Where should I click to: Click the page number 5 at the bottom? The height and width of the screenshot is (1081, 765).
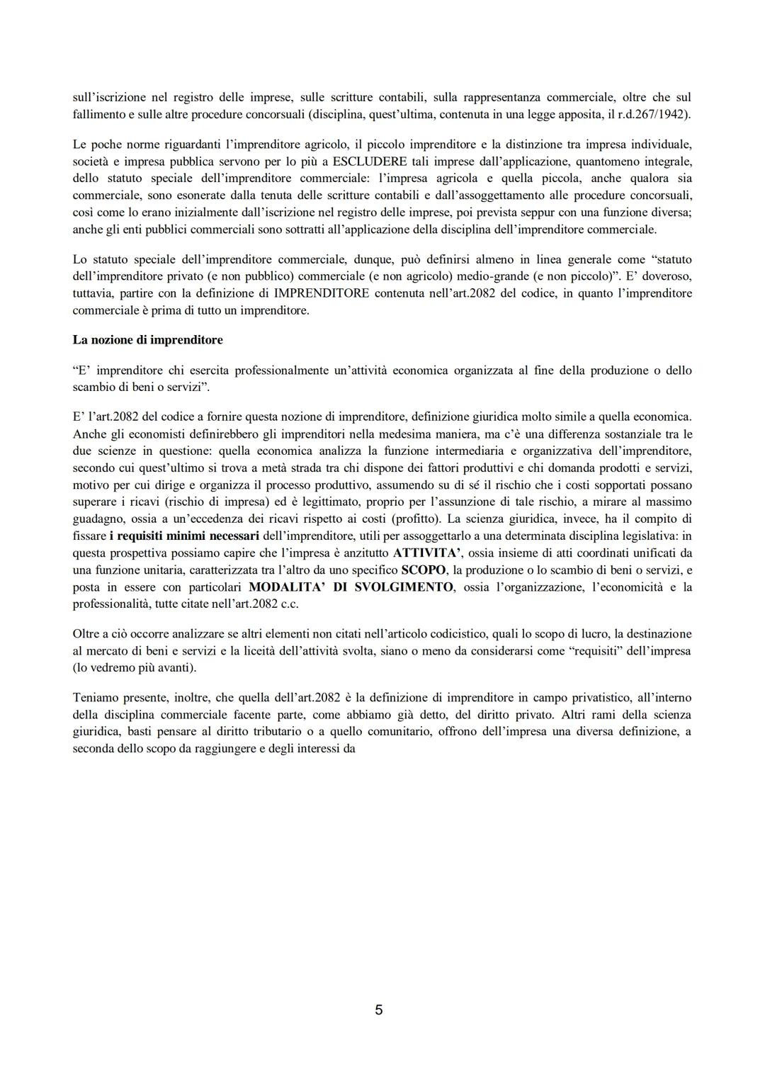[x=379, y=1009]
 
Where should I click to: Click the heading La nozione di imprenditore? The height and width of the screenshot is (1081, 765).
[x=147, y=340]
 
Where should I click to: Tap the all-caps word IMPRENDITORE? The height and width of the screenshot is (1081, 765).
[x=322, y=293]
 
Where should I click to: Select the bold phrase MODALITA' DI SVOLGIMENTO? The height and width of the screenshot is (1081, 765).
[x=351, y=587]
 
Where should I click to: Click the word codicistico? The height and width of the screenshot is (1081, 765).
[x=374, y=634]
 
